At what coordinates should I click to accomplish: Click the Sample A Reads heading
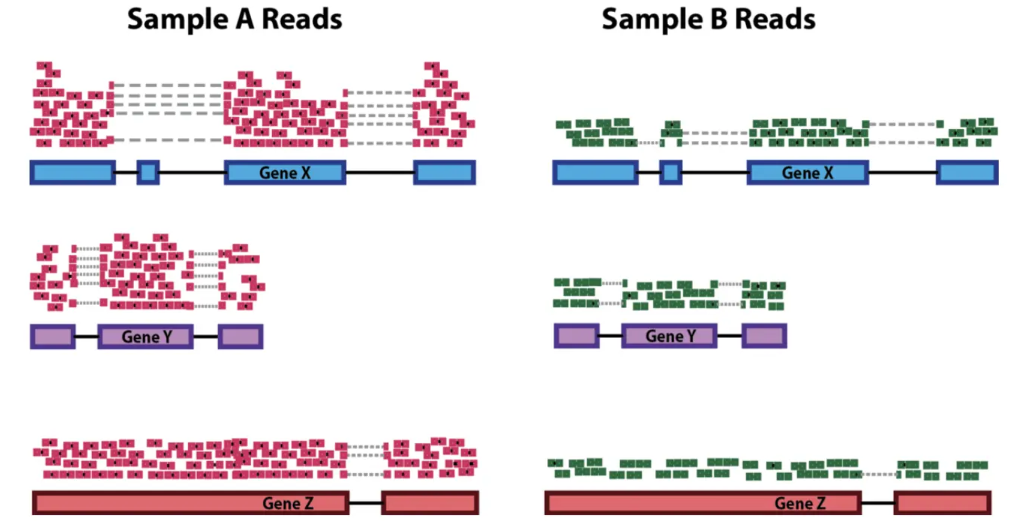pos(234,19)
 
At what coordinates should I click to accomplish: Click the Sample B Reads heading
pos(708,19)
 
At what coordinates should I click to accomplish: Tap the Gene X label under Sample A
pos(285,173)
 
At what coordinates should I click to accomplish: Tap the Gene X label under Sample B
pos(807,173)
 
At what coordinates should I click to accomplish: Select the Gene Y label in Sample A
pos(146,337)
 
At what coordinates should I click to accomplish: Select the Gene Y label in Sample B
pos(670,336)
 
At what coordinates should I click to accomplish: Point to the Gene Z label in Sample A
pos(288,503)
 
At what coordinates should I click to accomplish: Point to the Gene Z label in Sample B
pos(800,503)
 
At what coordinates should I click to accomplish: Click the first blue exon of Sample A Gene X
pos(73,173)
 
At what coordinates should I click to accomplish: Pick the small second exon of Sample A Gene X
pos(148,173)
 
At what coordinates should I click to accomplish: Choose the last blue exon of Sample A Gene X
pos(444,173)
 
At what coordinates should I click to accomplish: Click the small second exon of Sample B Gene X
pos(671,173)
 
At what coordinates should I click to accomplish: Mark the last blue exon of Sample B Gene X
pos(967,173)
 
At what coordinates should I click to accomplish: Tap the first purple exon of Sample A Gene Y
pos(53,337)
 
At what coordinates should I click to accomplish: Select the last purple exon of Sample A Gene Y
pos(240,337)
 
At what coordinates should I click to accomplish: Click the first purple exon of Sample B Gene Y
pos(576,336)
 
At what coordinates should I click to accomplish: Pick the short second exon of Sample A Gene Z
pos(430,503)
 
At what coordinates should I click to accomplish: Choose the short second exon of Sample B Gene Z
pos(942,503)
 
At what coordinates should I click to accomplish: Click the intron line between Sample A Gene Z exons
pos(365,503)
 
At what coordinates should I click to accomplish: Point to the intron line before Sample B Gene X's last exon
pos(902,173)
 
